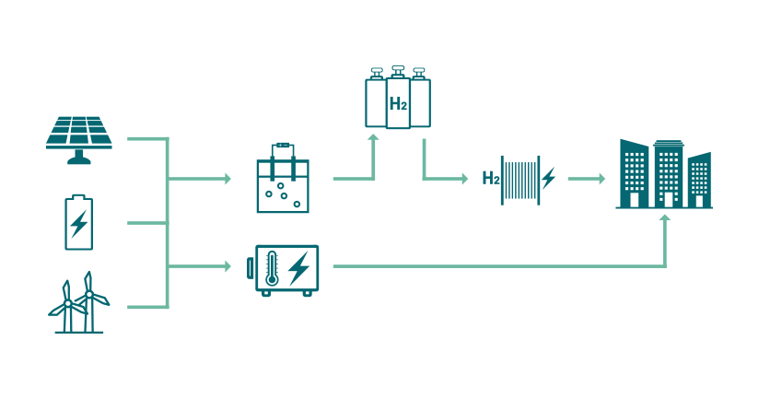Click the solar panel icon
click(x=79, y=132)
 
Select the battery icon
click(x=79, y=222)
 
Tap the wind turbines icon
click(x=78, y=303)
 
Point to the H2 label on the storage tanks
click(x=398, y=104)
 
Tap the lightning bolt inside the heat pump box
click(x=298, y=268)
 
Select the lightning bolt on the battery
click(x=79, y=224)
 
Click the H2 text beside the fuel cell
click(x=491, y=178)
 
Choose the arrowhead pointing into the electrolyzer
click(x=227, y=178)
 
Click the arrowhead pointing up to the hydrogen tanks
click(x=374, y=139)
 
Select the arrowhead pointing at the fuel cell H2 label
click(x=464, y=178)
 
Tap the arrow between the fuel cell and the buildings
click(x=585, y=178)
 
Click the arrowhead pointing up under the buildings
click(x=665, y=219)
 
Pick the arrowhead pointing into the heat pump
click(x=227, y=267)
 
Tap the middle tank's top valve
click(x=398, y=71)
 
